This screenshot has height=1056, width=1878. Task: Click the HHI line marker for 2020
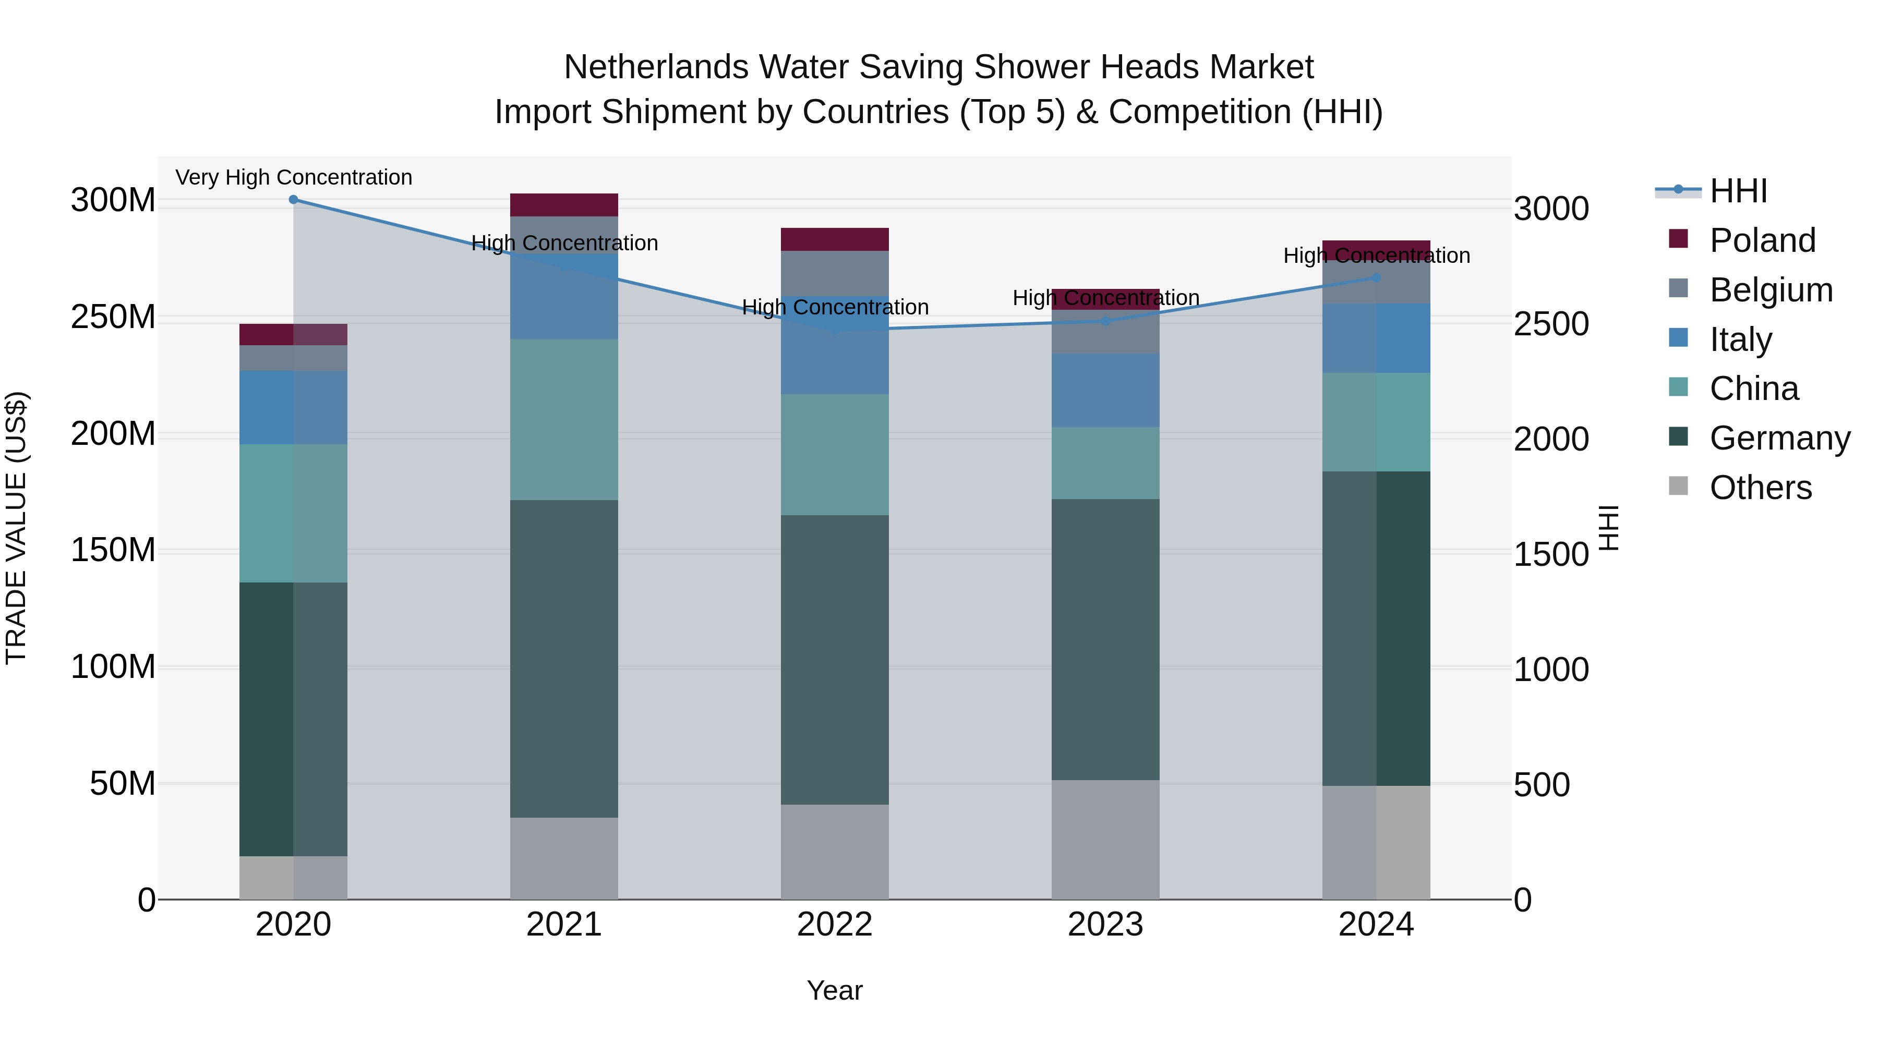(x=293, y=200)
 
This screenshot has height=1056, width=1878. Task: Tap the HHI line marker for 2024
(x=1376, y=277)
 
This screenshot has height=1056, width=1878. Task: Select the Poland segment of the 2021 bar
(x=563, y=205)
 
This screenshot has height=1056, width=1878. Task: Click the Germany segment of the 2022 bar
(x=834, y=660)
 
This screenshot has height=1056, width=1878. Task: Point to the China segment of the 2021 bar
(x=563, y=419)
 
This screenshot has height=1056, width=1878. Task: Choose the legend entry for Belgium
(x=1770, y=290)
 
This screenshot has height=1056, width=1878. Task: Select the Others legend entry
(x=1760, y=488)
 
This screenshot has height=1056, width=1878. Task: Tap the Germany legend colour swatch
(x=1678, y=438)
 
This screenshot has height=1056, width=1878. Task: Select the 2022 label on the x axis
(x=834, y=925)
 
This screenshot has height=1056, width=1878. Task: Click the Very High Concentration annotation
(x=293, y=177)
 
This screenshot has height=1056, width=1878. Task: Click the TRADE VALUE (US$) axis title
(x=16, y=528)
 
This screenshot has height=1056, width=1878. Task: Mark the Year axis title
(x=834, y=990)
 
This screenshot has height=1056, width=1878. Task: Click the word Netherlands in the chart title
(x=655, y=67)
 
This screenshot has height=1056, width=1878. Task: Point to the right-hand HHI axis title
(x=1608, y=528)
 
